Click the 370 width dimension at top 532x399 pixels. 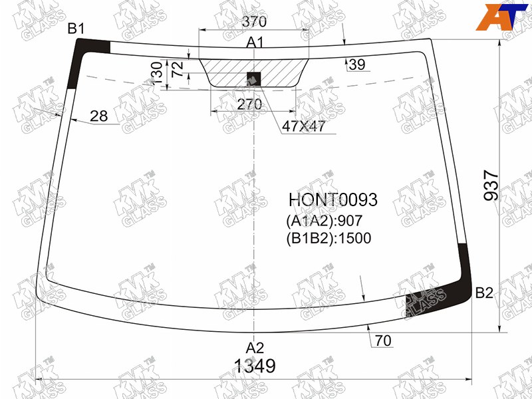tap(254, 22)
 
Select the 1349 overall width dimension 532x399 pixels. tap(255, 366)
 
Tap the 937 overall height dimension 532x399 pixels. tap(491, 186)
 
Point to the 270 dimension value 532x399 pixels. tap(249, 104)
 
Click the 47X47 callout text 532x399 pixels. tap(303, 126)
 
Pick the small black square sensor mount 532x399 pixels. tap(254, 78)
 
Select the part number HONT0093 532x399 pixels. tap(333, 199)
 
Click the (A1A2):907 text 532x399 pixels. tap(325, 221)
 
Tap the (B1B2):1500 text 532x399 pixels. tap(329, 238)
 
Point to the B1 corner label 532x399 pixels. tap(76, 29)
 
